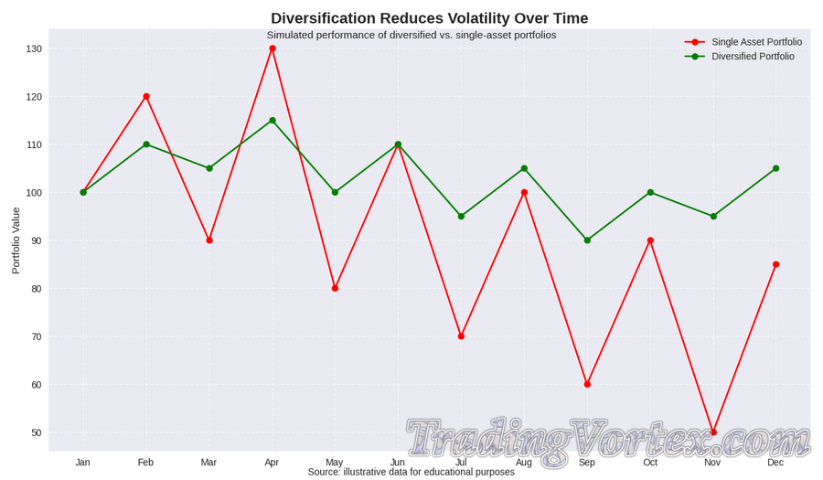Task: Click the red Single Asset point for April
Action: coord(273,48)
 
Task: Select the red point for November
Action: coord(713,432)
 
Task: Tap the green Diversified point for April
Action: coord(273,121)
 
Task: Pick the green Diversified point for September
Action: coord(587,240)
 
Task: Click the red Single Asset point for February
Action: coord(146,96)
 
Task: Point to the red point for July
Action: coord(461,336)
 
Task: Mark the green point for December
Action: coord(775,168)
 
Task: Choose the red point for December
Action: coord(775,264)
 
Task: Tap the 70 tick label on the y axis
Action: coord(36,336)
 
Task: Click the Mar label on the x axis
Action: coord(209,463)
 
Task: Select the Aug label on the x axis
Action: coord(524,463)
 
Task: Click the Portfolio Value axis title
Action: coord(16,240)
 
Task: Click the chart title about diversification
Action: coord(429,18)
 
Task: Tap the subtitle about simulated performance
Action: coord(411,35)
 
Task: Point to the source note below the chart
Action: coord(411,472)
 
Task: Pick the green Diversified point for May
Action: coord(335,192)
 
